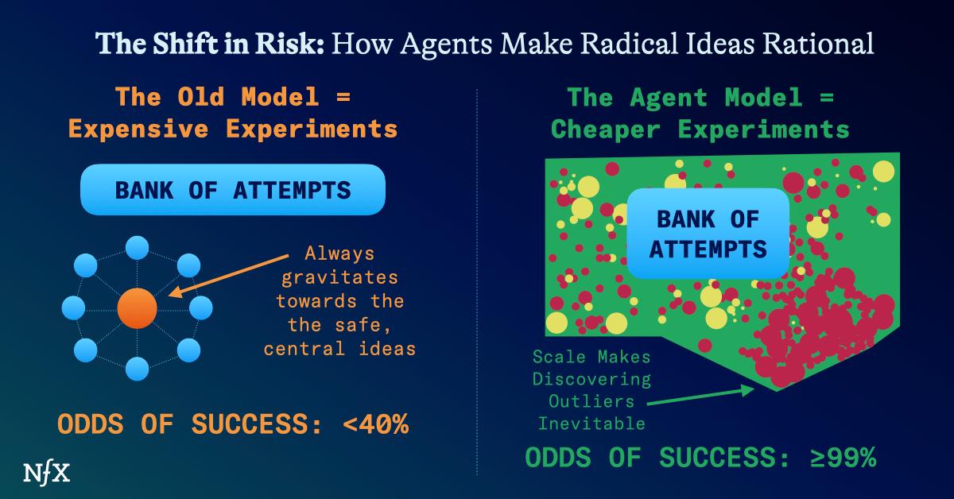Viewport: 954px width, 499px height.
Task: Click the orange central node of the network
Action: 138,308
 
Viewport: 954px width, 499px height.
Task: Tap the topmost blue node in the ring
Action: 138,247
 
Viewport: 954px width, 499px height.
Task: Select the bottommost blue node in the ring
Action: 138,369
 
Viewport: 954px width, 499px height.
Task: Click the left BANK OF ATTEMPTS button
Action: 233,191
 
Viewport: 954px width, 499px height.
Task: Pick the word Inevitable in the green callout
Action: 591,424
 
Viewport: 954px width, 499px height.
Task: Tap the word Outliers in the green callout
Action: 591,401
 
